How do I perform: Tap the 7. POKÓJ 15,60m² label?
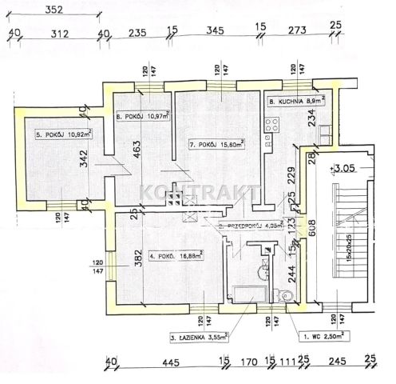[217, 145]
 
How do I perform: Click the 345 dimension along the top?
[214, 33]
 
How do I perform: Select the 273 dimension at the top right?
[297, 33]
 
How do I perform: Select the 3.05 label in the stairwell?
[346, 169]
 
